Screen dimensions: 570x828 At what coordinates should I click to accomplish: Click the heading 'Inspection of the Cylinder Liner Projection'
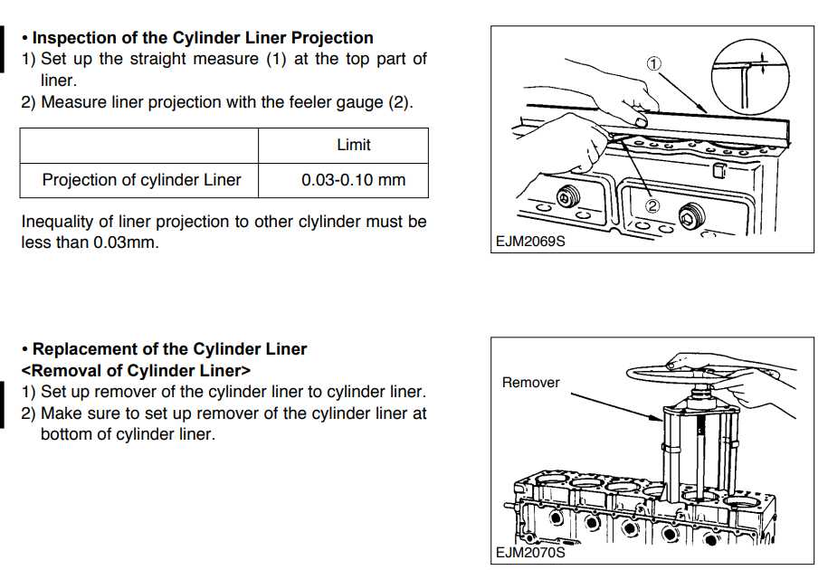pyautogui.click(x=203, y=38)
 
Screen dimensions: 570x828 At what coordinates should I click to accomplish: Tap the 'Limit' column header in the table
pyautogui.click(x=353, y=145)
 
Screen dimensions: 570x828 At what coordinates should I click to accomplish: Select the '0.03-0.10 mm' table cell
pyautogui.click(x=353, y=180)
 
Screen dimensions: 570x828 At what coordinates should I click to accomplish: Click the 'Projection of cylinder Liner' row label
pyautogui.click(x=141, y=180)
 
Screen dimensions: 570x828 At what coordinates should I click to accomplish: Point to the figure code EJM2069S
pyautogui.click(x=529, y=242)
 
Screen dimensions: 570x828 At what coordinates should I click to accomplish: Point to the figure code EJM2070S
pyautogui.click(x=530, y=552)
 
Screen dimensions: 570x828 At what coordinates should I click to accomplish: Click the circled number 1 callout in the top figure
pyautogui.click(x=654, y=63)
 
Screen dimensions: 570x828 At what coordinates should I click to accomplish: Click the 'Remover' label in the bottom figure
pyautogui.click(x=530, y=383)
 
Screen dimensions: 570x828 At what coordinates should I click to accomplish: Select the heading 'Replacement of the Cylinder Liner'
pyautogui.click(x=170, y=349)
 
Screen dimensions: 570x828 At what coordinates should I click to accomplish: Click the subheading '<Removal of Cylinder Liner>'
pyautogui.click(x=136, y=371)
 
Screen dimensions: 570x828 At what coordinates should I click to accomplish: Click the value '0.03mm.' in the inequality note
pyautogui.click(x=125, y=243)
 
